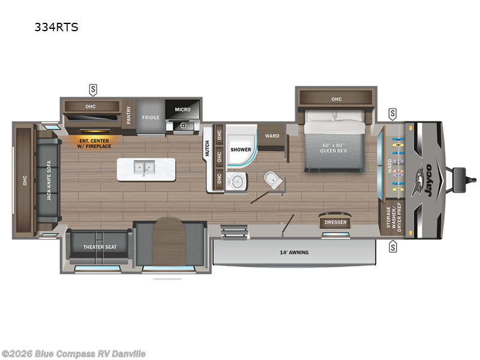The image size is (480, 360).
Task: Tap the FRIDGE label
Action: [x=151, y=117]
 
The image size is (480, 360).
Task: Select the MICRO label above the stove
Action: [x=182, y=110]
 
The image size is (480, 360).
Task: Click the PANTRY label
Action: [x=129, y=114]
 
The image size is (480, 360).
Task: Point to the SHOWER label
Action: [x=240, y=149]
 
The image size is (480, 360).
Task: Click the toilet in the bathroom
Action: [x=272, y=178]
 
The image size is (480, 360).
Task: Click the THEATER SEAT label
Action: [x=100, y=247]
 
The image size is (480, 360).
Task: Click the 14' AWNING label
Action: [x=294, y=253]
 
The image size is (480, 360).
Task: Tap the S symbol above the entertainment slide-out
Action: [x=93, y=90]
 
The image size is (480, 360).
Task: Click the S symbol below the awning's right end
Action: [x=393, y=246]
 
